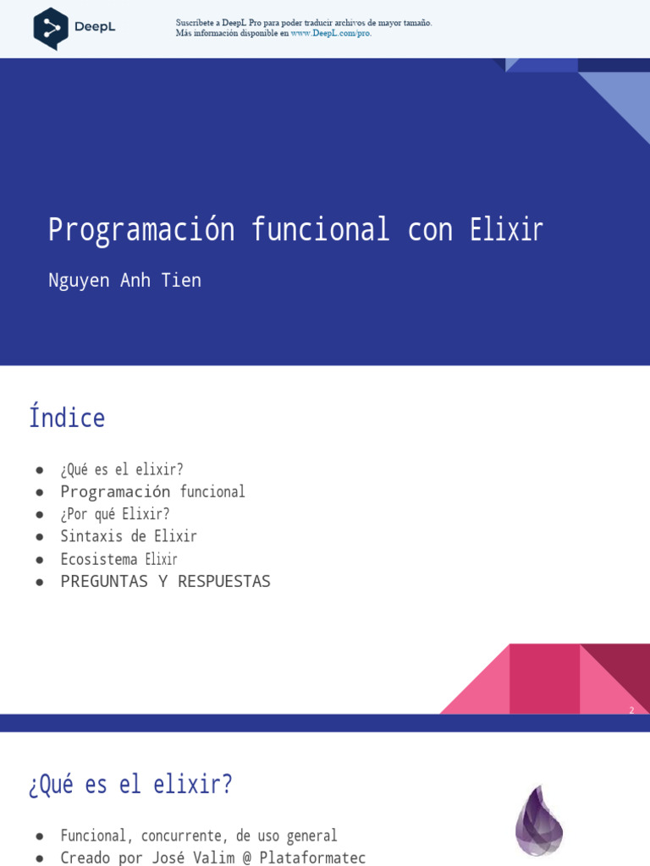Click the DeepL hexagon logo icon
pyautogui.click(x=51, y=28)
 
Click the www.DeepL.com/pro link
pyautogui.click(x=331, y=34)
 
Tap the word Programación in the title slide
pyautogui.click(x=140, y=229)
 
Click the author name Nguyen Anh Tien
pyautogui.click(x=124, y=281)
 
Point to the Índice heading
pyautogui.click(x=67, y=418)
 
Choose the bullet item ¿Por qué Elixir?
pyautogui.click(x=114, y=513)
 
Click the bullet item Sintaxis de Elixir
pyautogui.click(x=128, y=536)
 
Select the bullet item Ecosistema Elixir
pyautogui.click(x=118, y=559)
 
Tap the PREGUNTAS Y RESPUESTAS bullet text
pyautogui.click(x=165, y=581)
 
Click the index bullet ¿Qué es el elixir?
pyautogui.click(x=121, y=469)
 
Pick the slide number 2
pyautogui.click(x=631, y=710)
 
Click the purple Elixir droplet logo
pyautogui.click(x=539, y=820)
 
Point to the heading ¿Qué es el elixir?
pyautogui.click(x=130, y=784)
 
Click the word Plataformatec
pyautogui.click(x=312, y=858)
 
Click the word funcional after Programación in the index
pyautogui.click(x=212, y=491)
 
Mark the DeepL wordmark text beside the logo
pyautogui.click(x=95, y=26)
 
